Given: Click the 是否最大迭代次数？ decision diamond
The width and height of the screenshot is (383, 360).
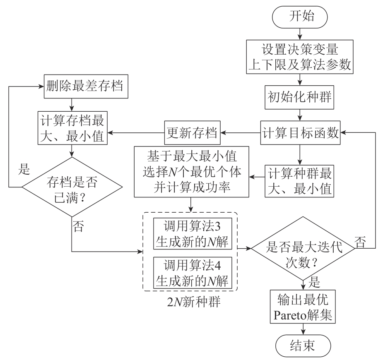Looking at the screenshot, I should [303, 249].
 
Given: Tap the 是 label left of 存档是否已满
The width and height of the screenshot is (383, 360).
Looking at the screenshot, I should [26, 170].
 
